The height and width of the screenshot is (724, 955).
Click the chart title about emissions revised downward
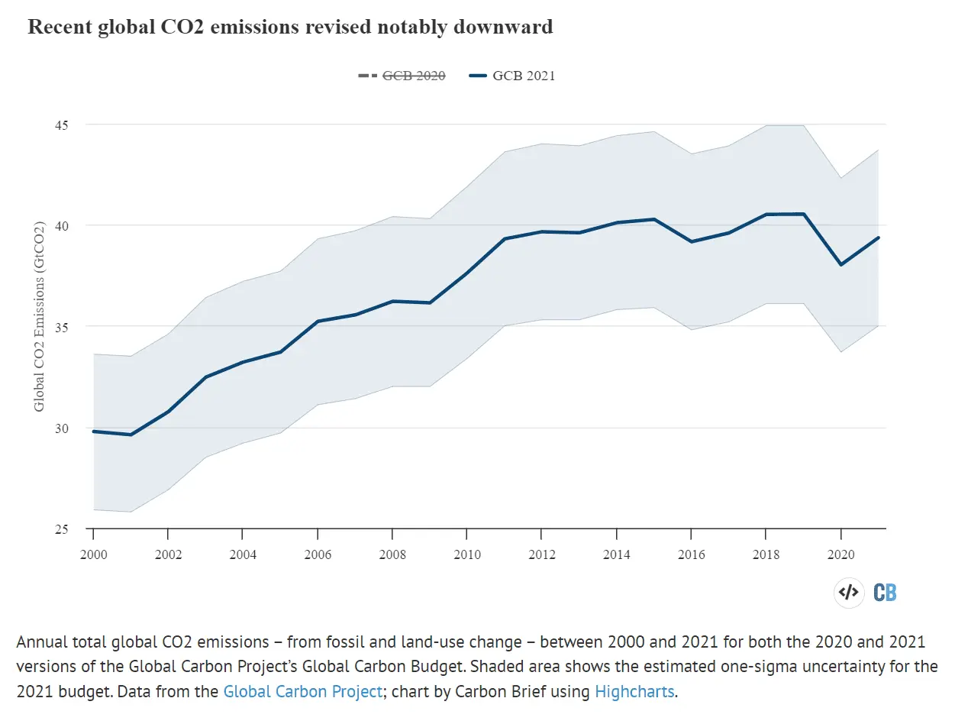290,27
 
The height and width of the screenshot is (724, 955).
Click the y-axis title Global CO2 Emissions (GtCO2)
40,316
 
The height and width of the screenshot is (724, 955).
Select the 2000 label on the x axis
93,554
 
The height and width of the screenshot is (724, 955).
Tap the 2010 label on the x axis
467,554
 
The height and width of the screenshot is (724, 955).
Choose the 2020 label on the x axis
841,554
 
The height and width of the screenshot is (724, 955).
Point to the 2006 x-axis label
318,554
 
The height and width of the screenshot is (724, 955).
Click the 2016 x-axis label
692,554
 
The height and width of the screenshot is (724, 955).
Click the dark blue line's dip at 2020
841,264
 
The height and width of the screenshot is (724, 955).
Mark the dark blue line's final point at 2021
878,238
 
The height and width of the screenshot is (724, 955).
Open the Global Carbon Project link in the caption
302,692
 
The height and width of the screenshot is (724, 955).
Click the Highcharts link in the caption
634,692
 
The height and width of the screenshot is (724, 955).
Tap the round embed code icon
848,592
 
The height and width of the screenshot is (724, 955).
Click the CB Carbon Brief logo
886,592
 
